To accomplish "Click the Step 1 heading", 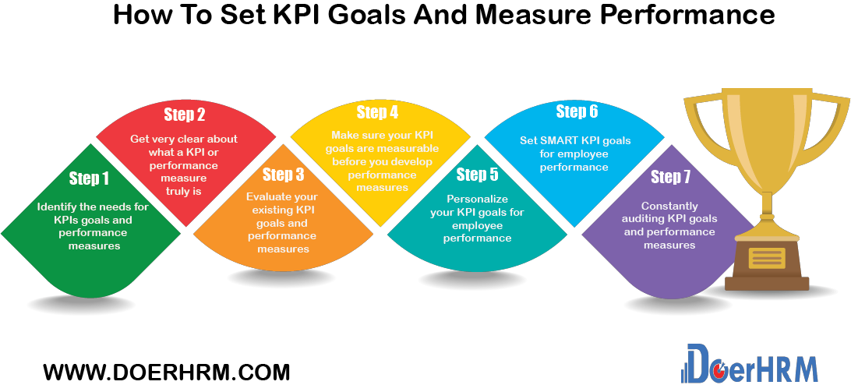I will (x=90, y=178).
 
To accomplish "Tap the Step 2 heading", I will (x=185, y=115).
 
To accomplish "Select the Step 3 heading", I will (x=283, y=174).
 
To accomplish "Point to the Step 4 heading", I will (x=377, y=112).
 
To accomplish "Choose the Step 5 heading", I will (x=477, y=174).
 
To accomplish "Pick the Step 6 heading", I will (x=577, y=111).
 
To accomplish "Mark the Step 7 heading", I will (x=670, y=177).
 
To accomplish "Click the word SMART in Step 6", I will (x=560, y=141).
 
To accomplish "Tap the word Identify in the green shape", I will (x=60, y=207).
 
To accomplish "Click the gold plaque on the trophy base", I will (x=767, y=258).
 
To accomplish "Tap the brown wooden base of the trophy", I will (x=767, y=282).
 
